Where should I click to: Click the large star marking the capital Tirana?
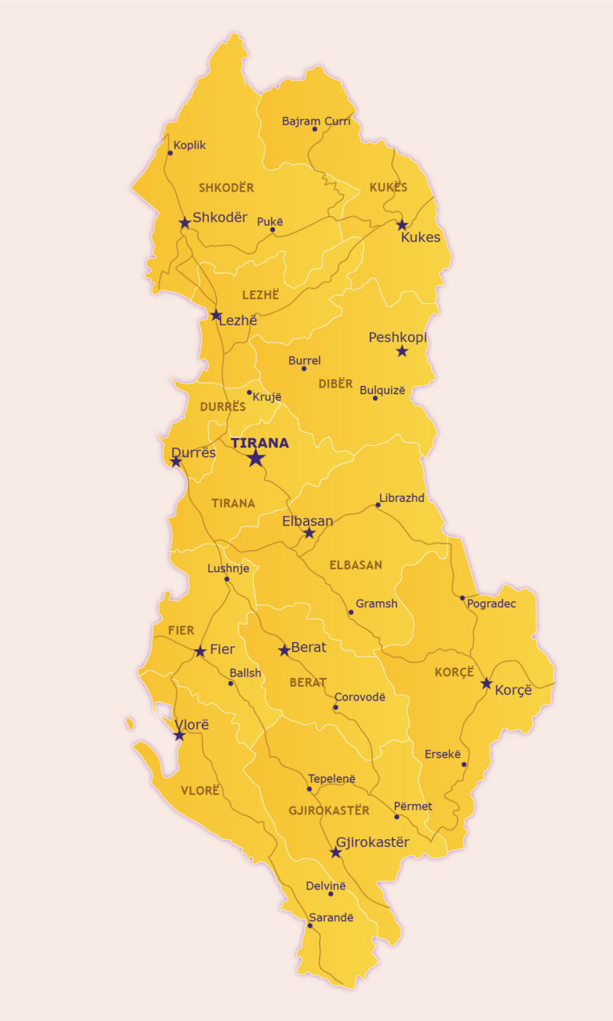tap(255, 458)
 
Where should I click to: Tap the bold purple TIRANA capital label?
tap(259, 443)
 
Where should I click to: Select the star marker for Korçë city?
tap(486, 683)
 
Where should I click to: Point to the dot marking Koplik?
tap(170, 153)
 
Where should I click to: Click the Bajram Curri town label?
tap(316, 121)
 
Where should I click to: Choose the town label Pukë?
tap(270, 222)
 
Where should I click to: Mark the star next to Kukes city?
tap(402, 225)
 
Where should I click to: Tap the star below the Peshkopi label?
tap(401, 351)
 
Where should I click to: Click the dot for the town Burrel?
tap(303, 369)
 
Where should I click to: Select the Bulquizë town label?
tap(382, 390)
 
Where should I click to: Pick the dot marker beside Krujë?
tap(249, 392)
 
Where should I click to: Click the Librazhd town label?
tap(401, 498)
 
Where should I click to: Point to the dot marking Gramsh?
tap(350, 613)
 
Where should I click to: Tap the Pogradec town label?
tap(492, 604)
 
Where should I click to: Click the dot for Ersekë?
tap(464, 764)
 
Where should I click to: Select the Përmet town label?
tap(413, 806)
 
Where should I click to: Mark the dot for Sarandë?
tap(310, 925)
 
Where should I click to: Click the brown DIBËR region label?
tap(335, 384)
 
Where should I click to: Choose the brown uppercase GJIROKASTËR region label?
tap(329, 810)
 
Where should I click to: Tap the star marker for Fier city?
tap(200, 652)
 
